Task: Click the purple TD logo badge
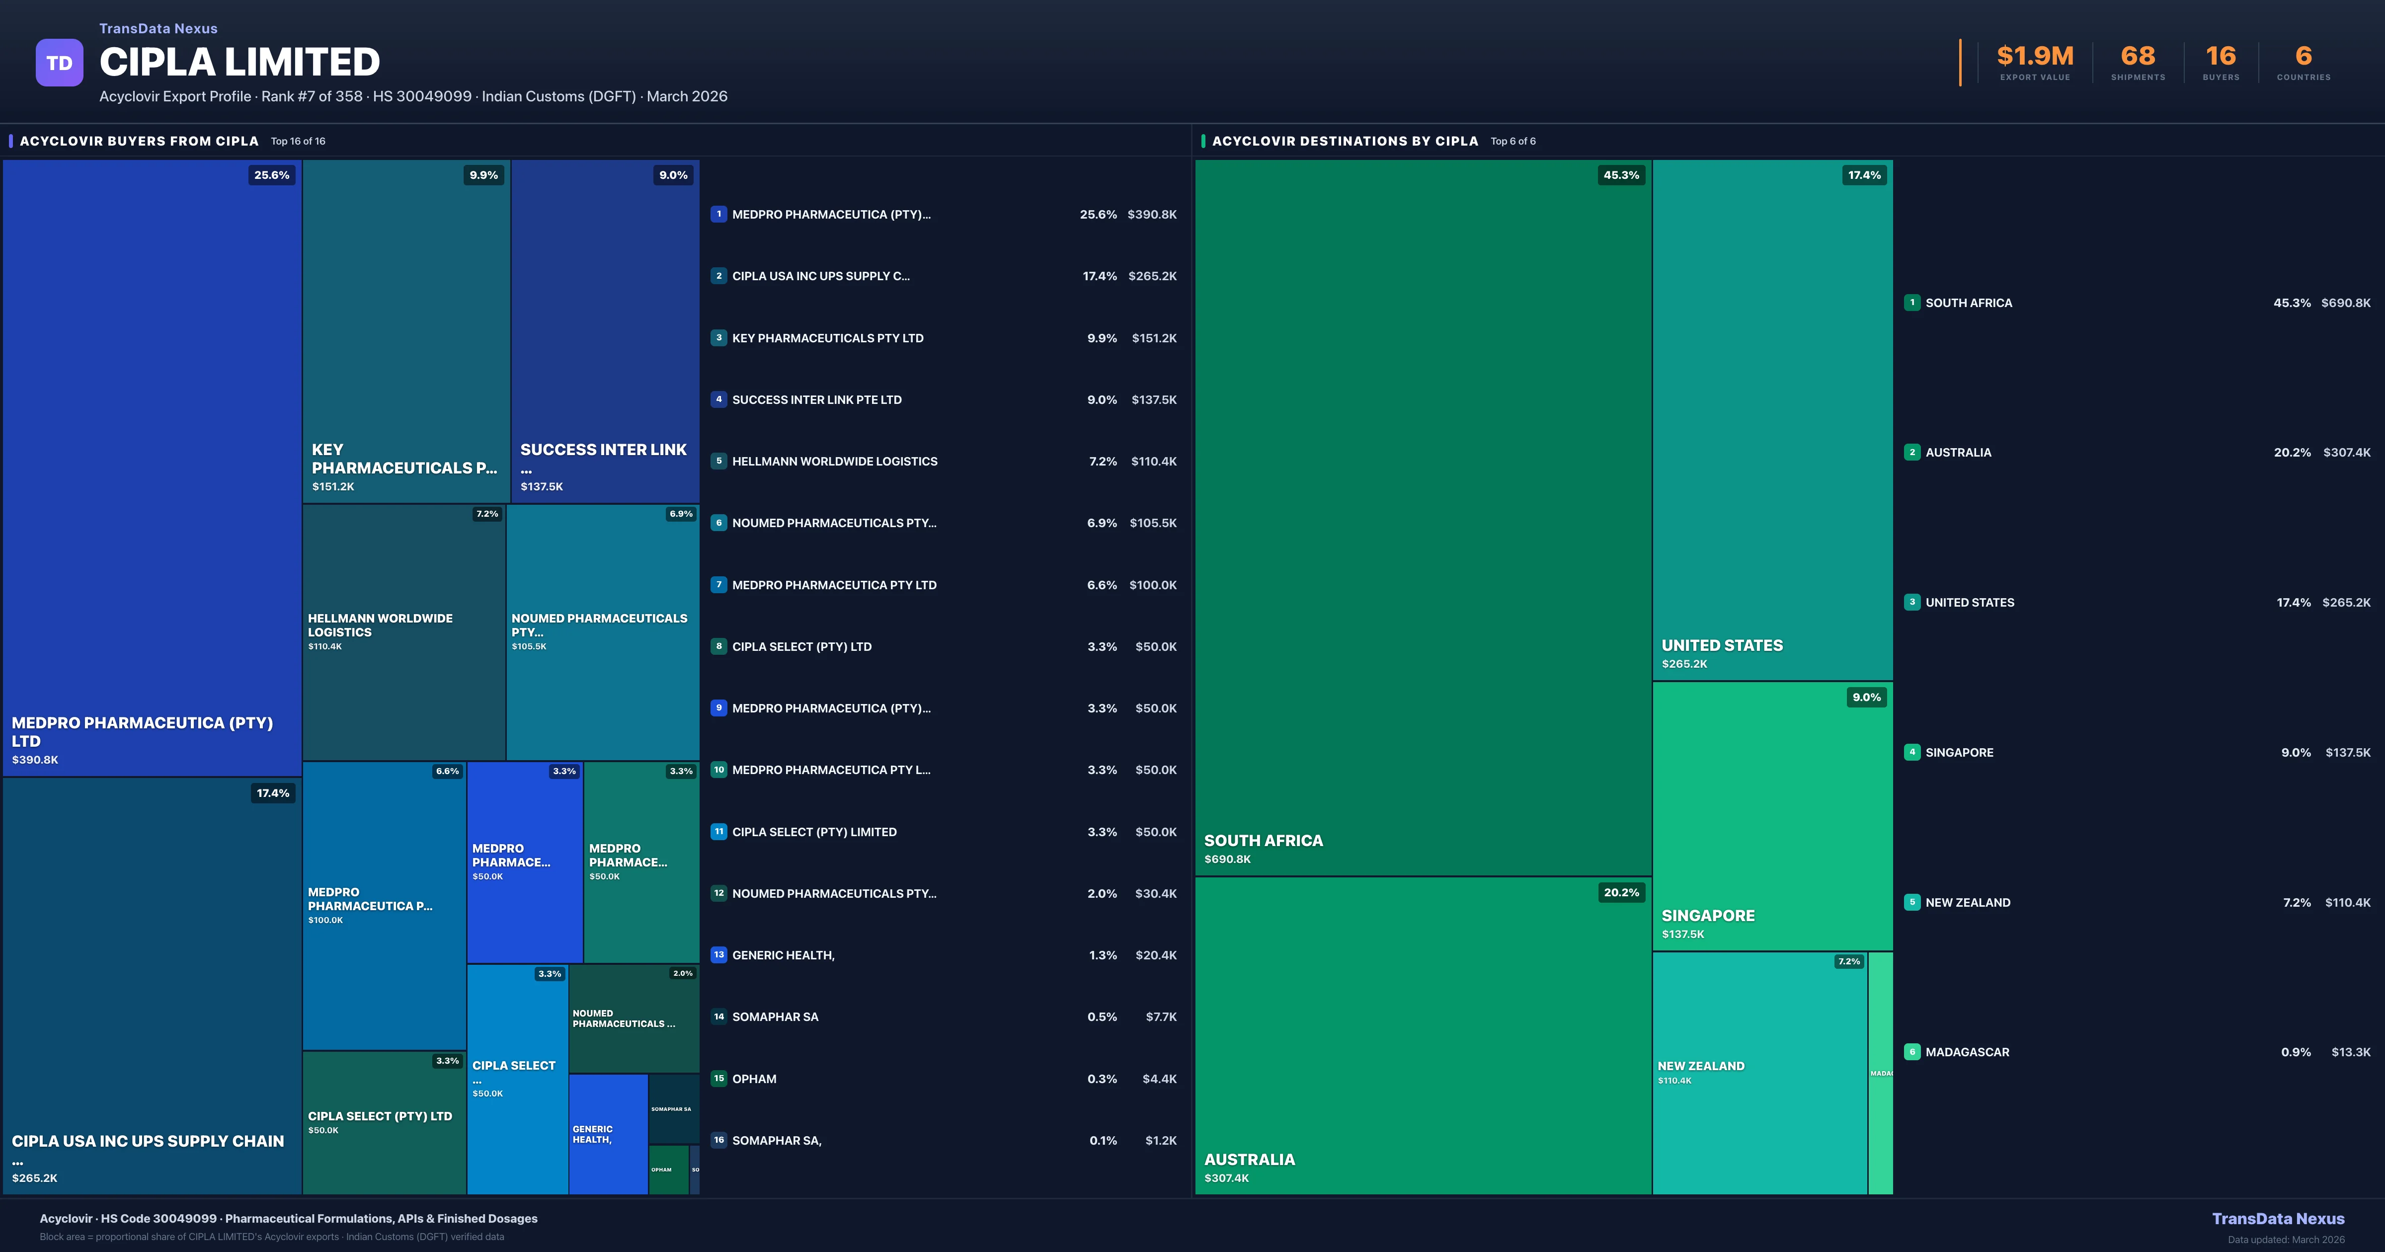(x=59, y=63)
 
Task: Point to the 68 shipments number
(x=2137, y=57)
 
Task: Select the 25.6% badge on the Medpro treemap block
(x=271, y=175)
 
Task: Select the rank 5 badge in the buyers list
(x=718, y=461)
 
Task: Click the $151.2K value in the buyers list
(x=1154, y=338)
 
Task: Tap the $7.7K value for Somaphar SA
(x=1161, y=1017)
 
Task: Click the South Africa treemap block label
(x=1263, y=841)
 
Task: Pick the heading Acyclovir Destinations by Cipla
(x=1345, y=141)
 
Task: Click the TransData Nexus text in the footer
(x=2278, y=1219)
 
